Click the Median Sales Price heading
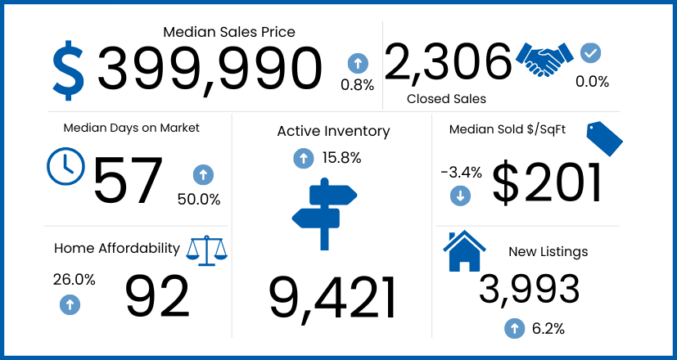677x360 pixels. pos(229,32)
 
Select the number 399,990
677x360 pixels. pos(210,69)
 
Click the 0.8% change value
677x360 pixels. pos(358,85)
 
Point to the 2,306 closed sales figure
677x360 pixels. pos(448,61)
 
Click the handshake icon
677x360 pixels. pos(545,59)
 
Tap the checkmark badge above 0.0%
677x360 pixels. pos(590,53)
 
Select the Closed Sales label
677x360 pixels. pos(446,99)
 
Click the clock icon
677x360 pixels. pos(65,166)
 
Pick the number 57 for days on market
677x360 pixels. pos(129,182)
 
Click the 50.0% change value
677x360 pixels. pos(199,199)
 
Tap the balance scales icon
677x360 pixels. pos(206,250)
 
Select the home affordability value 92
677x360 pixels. pos(157,296)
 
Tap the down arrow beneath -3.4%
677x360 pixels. pos(460,196)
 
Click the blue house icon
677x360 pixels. pos(464,252)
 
